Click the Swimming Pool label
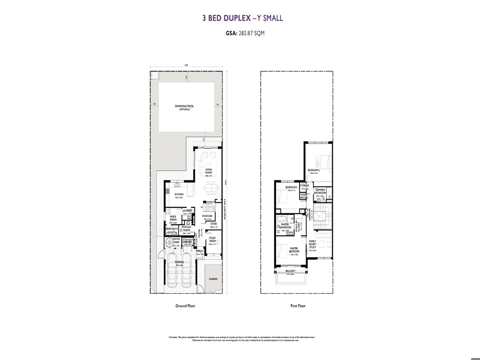(184, 106)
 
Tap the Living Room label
(208, 171)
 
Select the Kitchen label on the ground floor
(178, 194)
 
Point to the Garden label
(213, 279)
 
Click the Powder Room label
(186, 228)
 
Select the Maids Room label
(173, 218)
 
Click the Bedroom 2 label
(314, 170)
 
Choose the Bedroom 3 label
(291, 188)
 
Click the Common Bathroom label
(320, 191)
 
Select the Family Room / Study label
(312, 244)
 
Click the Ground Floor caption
(185, 306)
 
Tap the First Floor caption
(298, 306)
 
